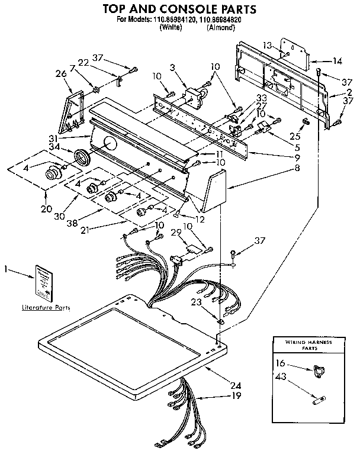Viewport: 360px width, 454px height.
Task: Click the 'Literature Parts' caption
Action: (x=46, y=308)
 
